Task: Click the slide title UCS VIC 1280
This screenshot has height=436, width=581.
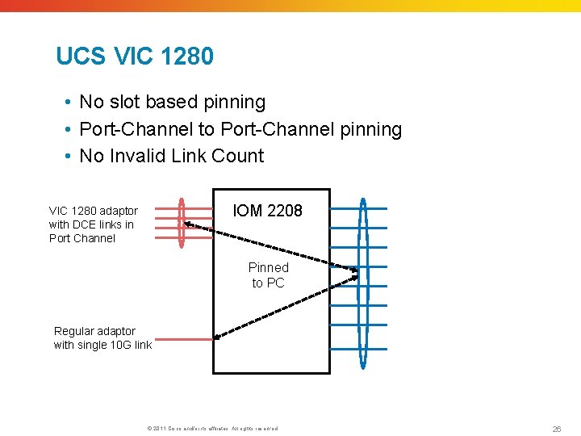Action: [x=135, y=57]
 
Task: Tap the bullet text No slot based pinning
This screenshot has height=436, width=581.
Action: [x=172, y=102]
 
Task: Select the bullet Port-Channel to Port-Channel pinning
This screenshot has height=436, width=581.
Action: [x=240, y=129]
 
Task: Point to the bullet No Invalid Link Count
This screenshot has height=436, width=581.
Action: [x=171, y=156]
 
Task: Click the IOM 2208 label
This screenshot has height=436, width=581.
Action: [x=267, y=211]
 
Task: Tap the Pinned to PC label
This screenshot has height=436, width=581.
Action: [x=268, y=275]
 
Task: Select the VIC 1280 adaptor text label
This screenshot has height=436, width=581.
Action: [x=93, y=224]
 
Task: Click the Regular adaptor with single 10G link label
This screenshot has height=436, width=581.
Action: [x=102, y=337]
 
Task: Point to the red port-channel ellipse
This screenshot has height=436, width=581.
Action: [x=182, y=222]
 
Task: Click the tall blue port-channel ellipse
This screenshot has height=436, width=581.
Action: [x=363, y=283]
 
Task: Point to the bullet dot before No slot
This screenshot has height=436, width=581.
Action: [x=69, y=103]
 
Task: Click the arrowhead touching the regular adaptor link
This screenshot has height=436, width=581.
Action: [x=219, y=333]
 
